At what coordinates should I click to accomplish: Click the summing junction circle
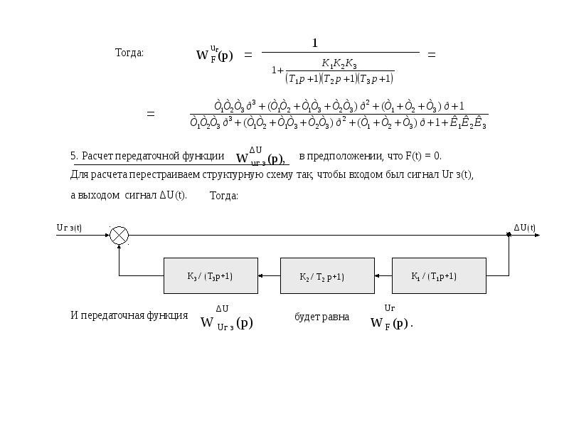coord(119,236)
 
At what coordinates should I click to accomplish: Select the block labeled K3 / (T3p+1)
coord(210,276)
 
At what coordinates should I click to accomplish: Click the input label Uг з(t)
coord(69,228)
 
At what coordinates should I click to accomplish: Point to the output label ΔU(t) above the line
coord(525,228)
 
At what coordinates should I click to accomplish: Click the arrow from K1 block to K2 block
coord(383,276)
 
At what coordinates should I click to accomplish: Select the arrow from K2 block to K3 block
coord(268,276)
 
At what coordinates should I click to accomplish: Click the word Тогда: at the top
coord(129,53)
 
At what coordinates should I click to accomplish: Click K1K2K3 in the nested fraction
coord(339,65)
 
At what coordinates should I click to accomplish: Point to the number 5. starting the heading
coord(74,156)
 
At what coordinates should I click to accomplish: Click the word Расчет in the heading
coord(97,156)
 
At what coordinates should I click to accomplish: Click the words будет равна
coord(321,317)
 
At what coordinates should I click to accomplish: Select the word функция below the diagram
coord(168,315)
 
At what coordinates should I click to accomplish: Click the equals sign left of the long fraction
coord(150,114)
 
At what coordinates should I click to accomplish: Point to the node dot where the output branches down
coord(509,235)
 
